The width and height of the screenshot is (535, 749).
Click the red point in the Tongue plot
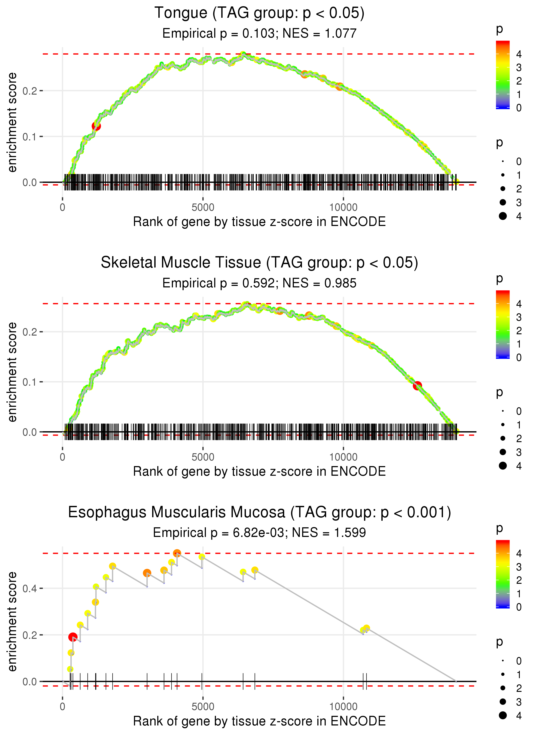click(96, 126)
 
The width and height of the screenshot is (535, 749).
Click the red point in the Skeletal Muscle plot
click(417, 386)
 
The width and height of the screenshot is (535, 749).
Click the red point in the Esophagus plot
click(73, 637)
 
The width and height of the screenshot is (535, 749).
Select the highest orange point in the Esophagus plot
click(177, 553)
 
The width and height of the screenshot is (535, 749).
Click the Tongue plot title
click(259, 13)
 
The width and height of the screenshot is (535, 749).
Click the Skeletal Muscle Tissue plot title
click(259, 263)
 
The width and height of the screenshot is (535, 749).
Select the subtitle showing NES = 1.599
click(259, 533)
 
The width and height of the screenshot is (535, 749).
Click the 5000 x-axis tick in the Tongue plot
click(203, 208)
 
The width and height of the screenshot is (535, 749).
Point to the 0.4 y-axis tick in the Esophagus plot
click(30, 588)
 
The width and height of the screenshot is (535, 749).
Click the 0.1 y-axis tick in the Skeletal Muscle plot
click(30, 382)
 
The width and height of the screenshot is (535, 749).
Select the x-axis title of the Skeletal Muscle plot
click(259, 471)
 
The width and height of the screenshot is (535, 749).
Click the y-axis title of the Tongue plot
click(12, 123)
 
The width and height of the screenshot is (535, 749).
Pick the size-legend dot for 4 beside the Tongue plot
click(503, 216)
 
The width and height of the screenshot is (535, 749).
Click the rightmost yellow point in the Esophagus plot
click(366, 628)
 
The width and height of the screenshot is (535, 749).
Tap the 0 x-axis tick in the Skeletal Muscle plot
click(62, 457)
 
